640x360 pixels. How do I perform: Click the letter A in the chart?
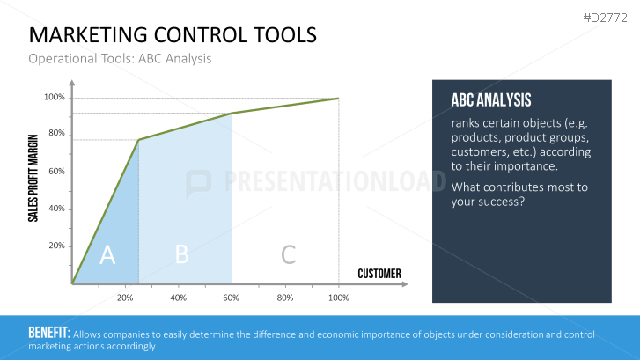(107, 254)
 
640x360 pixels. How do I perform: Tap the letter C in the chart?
(288, 254)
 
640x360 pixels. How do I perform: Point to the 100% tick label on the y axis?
(55, 97)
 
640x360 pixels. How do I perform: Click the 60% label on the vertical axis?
(56, 172)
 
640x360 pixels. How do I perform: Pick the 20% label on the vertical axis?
(56, 246)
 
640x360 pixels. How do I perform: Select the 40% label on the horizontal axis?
(179, 298)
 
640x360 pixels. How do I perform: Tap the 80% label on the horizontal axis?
(285, 298)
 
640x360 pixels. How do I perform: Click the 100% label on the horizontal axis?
(338, 298)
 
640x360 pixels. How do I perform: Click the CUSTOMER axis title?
(379, 274)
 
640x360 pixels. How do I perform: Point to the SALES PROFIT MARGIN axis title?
(33, 179)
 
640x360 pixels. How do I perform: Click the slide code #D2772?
(606, 18)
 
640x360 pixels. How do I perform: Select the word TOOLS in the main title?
(285, 35)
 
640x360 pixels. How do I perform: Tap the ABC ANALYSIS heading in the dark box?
(491, 100)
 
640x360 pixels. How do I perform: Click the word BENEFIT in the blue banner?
(49, 333)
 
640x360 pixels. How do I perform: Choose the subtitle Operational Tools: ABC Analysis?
(120, 59)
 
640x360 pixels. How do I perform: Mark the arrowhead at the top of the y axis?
(72, 83)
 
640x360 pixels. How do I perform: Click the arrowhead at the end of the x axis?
(404, 284)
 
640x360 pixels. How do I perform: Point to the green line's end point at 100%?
(338, 99)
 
